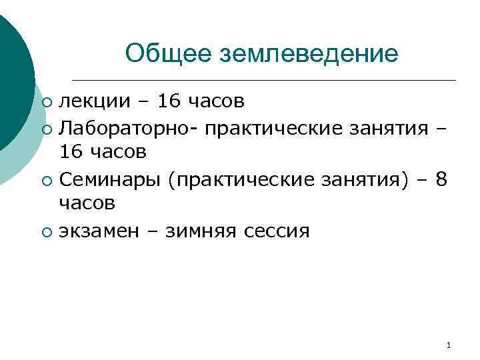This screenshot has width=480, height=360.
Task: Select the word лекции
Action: pyautogui.click(x=93, y=101)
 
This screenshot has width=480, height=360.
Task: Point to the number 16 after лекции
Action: pyautogui.click(x=165, y=101)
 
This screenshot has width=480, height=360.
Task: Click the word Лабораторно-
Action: pyautogui.click(x=127, y=127)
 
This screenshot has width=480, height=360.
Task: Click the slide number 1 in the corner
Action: pyautogui.click(x=448, y=345)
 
